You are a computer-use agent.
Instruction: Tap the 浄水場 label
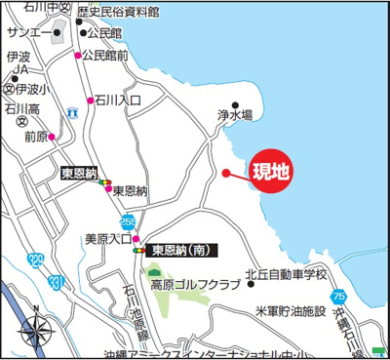coord(235,114)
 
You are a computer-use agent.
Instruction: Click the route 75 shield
coord(337,296)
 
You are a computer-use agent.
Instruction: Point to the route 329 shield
coord(36,260)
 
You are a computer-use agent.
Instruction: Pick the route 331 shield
coord(58,283)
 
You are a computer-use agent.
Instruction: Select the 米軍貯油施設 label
coord(290,311)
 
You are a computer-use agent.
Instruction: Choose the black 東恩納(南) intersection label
coord(184,250)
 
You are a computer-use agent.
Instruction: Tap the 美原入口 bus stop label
coord(107,238)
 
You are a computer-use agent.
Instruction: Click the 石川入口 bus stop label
coord(119,100)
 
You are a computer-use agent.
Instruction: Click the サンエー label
coord(27,32)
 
